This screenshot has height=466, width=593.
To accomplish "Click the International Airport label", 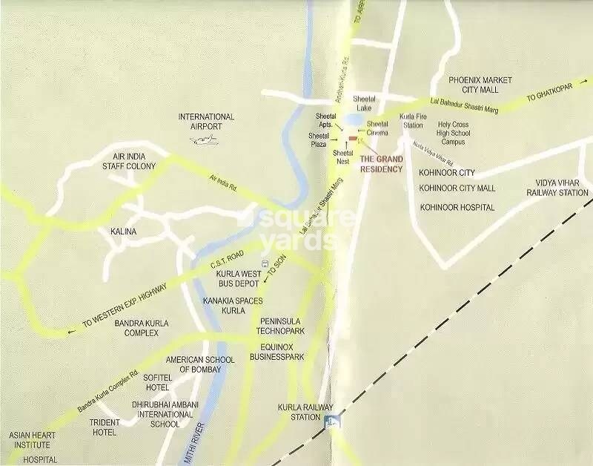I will pos(206,122).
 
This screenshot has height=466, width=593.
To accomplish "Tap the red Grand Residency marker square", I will pos(351,138).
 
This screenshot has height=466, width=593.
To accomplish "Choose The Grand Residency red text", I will pos(381,164).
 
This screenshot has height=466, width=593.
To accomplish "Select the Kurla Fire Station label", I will pos(412,121).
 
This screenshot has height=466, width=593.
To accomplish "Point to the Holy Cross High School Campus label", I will pos(453,133).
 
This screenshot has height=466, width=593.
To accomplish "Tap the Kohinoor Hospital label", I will pos(457,207).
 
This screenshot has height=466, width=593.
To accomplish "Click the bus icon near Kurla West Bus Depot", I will pos(264,263).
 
